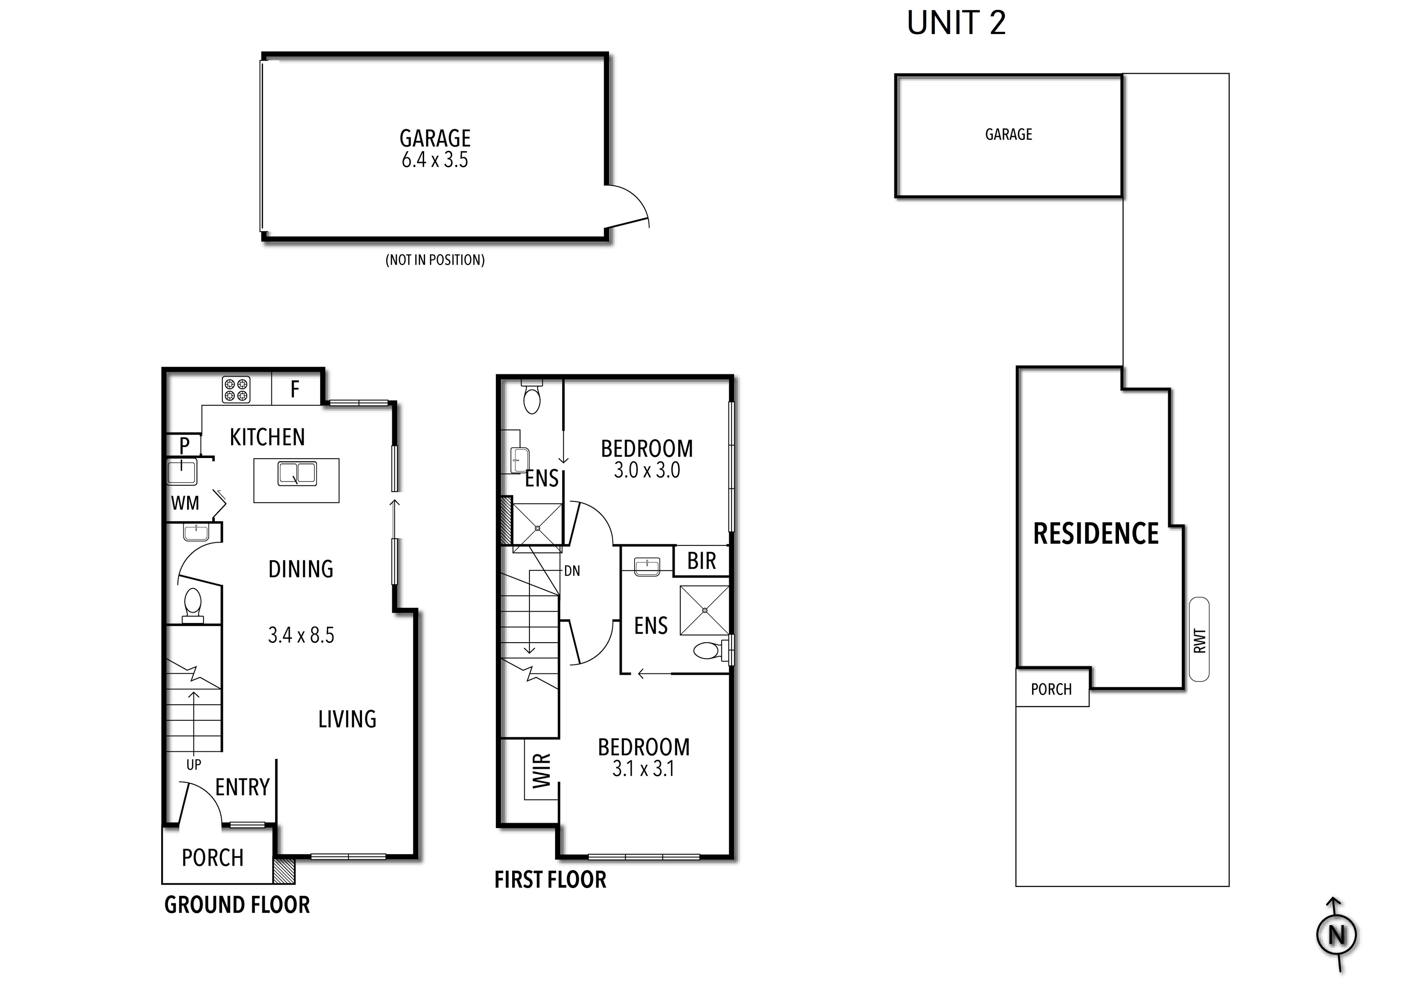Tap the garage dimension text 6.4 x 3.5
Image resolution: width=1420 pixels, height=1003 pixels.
435,160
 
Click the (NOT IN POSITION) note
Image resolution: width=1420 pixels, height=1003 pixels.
435,260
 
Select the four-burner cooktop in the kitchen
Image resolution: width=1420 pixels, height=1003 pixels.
236,390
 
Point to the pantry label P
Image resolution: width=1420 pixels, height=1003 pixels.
184,445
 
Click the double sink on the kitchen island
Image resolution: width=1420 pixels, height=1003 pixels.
297,474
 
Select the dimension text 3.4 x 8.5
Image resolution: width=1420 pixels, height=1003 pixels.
301,635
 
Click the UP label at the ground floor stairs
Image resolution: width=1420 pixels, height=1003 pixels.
193,765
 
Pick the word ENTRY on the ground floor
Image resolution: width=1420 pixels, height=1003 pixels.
243,787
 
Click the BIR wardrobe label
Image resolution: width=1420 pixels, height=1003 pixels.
701,561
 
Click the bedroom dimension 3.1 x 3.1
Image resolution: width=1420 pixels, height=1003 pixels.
643,769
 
